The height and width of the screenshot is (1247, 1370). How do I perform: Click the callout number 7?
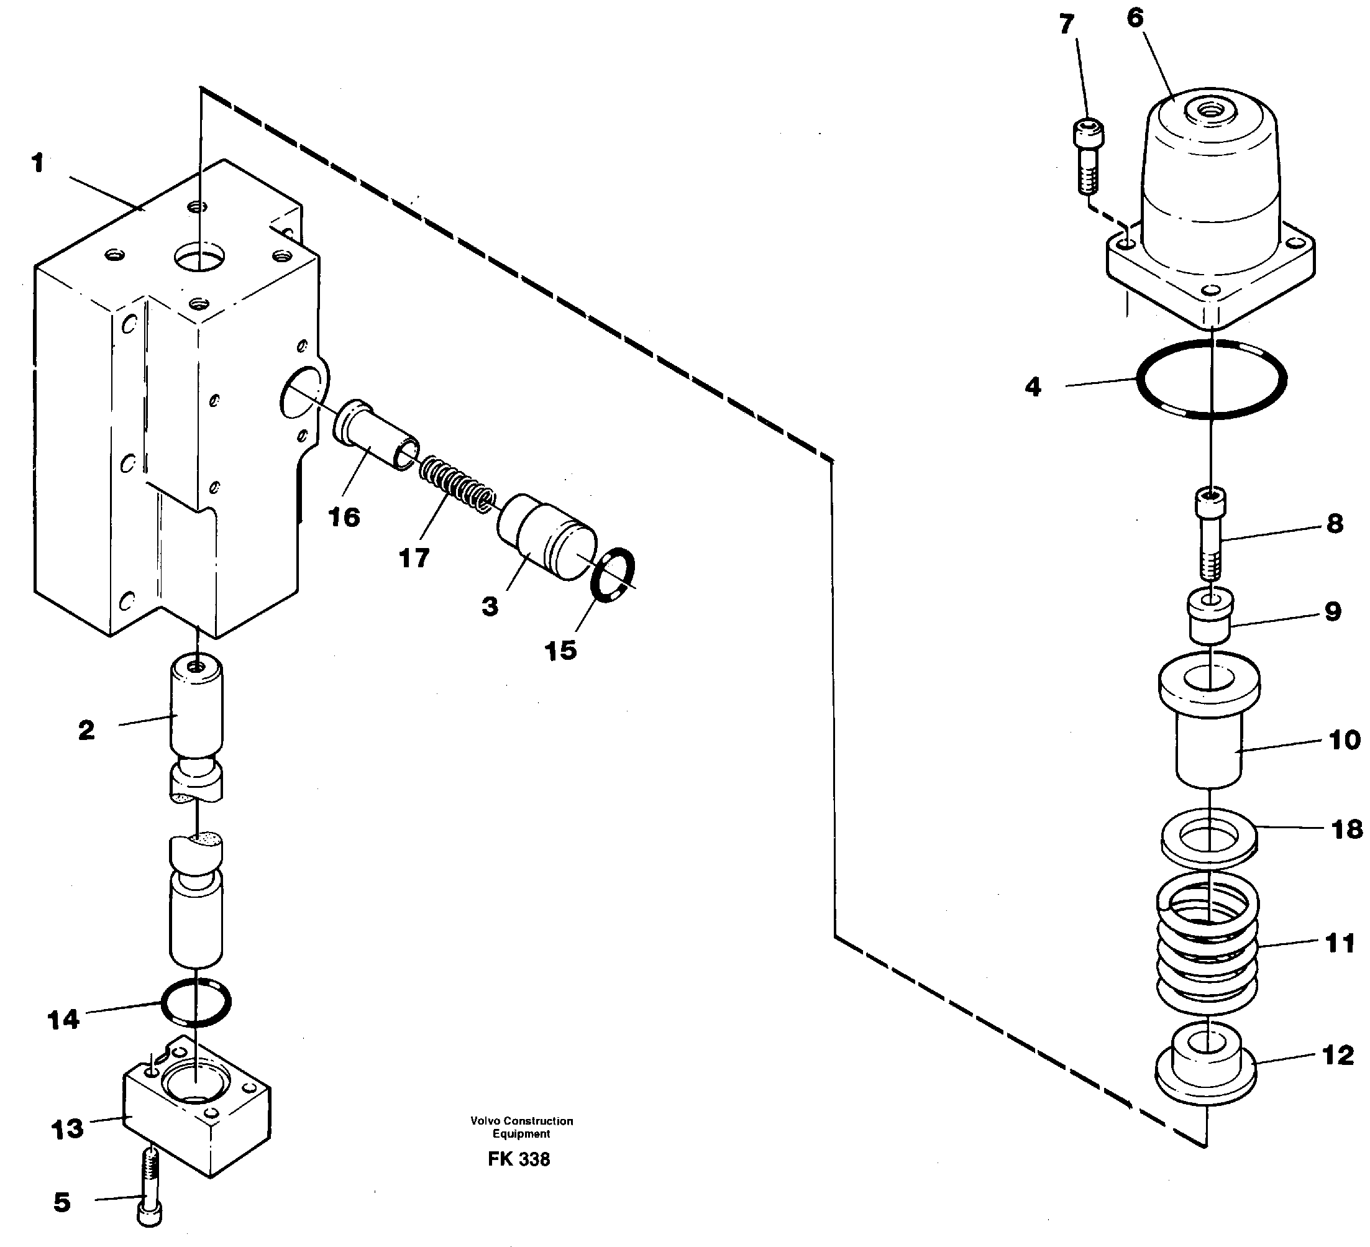coord(1066,24)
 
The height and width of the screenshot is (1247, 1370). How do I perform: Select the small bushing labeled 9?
coord(1210,616)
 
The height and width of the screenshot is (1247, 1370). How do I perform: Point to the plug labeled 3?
coord(546,537)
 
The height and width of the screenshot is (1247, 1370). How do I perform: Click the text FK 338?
coord(519,1159)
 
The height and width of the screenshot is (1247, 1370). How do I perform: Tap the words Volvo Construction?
coord(521,1121)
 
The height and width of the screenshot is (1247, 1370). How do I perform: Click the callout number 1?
coord(37,163)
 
